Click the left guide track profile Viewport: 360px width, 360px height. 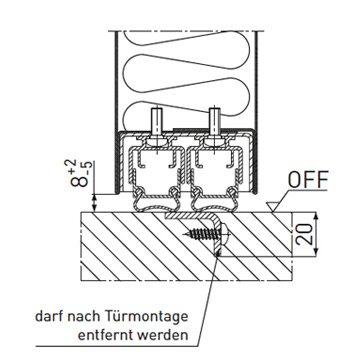coord(156,166)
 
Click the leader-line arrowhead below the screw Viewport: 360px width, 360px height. coord(217,252)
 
